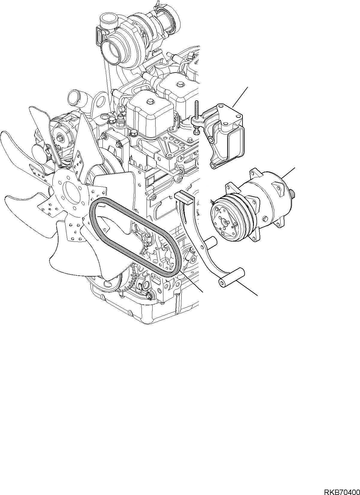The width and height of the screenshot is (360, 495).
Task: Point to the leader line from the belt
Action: click(x=192, y=282)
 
